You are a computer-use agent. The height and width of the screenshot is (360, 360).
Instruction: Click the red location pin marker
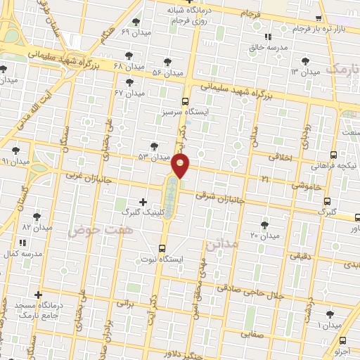tap(181, 166)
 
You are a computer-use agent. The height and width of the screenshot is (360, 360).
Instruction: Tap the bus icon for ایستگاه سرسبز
tap(186, 101)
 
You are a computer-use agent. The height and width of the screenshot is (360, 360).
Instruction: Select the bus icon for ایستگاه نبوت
tap(162, 247)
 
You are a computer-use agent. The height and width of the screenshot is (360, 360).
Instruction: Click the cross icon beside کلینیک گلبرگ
tap(143, 202)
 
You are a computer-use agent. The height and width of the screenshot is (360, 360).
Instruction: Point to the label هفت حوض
tap(95, 230)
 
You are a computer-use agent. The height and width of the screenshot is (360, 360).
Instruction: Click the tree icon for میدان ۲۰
tap(264, 224)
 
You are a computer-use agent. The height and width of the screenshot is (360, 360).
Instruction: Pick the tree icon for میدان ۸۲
tap(37, 217)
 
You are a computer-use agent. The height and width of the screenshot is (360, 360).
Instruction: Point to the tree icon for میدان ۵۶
tap(167, 62)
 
